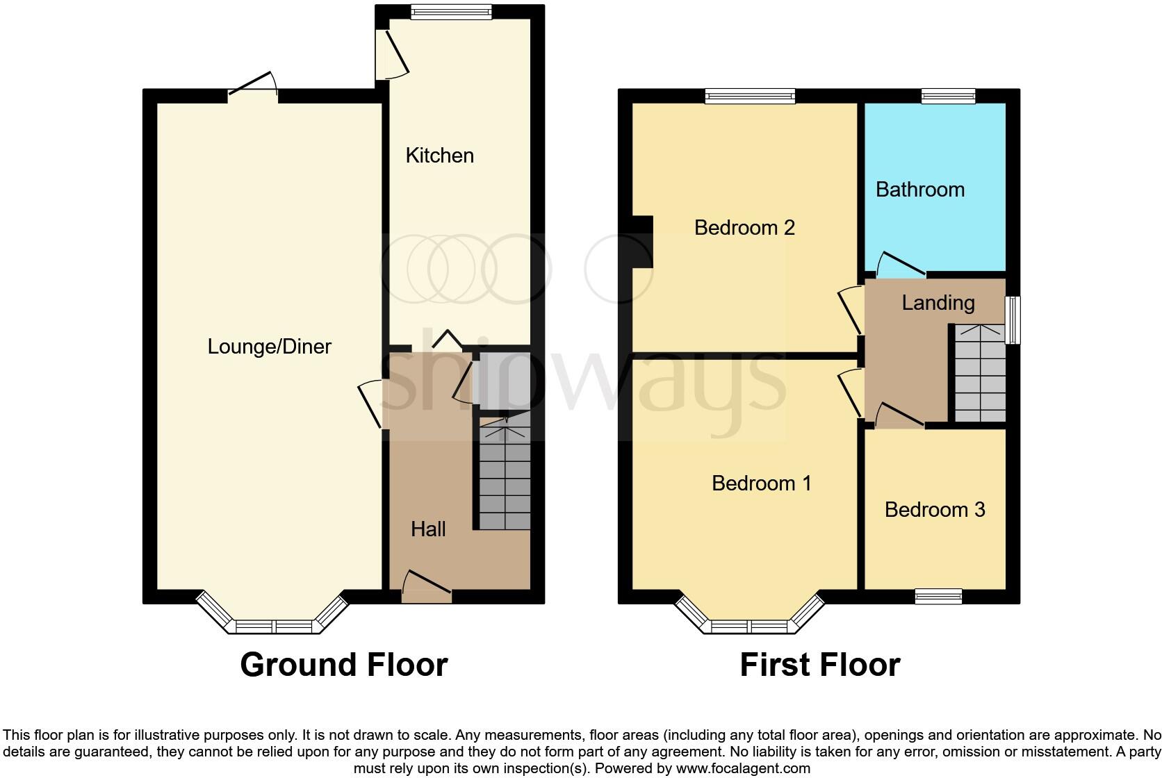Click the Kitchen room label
[439, 156]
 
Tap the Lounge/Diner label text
[270, 347]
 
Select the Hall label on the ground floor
[428, 529]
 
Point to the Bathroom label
[919, 190]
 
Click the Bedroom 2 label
[744, 228]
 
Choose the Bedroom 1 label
[762, 483]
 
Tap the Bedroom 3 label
[935, 510]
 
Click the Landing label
[938, 303]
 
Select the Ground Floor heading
[343, 665]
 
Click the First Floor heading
[819, 665]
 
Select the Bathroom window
[948, 97]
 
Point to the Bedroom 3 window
[938, 596]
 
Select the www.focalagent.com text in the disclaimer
[743, 768]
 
